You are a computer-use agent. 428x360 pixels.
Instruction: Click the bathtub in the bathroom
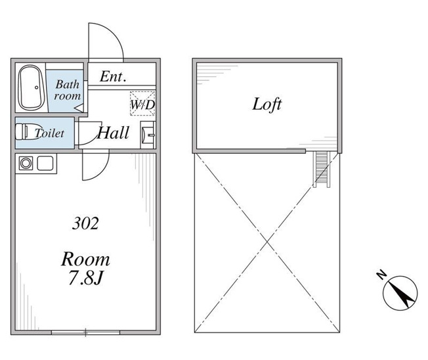click(31, 87)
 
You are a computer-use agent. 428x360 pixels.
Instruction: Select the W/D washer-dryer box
click(142, 103)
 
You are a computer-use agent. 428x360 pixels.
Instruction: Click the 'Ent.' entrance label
click(113, 77)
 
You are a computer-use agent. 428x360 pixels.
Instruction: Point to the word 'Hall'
click(113, 133)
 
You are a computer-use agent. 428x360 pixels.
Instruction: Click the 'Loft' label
click(267, 104)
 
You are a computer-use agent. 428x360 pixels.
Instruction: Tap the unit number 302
click(85, 223)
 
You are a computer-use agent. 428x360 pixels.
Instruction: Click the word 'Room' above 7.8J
click(85, 259)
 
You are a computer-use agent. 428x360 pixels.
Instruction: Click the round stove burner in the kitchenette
click(26, 164)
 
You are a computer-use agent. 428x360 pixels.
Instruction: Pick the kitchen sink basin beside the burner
click(45, 164)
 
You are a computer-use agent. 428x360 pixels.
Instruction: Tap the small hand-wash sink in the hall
click(148, 135)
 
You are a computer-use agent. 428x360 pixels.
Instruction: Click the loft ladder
click(322, 169)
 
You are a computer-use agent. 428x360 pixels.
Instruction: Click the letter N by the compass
click(381, 275)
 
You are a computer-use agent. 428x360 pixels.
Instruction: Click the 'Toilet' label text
click(49, 133)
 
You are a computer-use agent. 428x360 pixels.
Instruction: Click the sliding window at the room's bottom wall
click(85, 332)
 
